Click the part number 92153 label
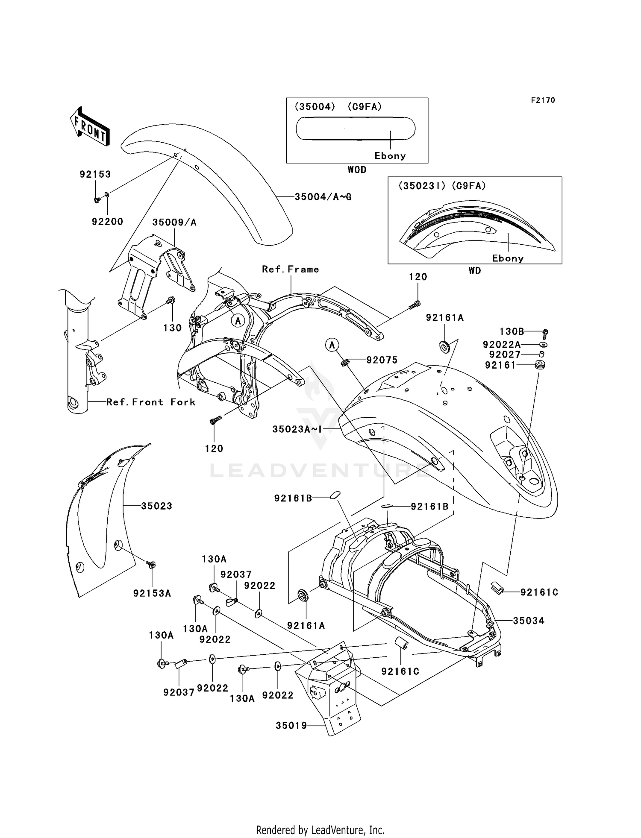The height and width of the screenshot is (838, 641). point(95,174)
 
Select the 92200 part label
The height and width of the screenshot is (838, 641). point(107,222)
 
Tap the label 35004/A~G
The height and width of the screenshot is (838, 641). point(323,197)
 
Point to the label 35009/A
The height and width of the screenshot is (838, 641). point(174,223)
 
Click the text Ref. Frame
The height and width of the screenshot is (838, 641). point(291,270)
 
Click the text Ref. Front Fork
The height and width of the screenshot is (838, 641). point(151,402)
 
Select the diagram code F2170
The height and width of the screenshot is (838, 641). point(543,100)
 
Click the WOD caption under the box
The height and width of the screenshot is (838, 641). point(357,170)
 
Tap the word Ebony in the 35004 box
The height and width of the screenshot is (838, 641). point(390,156)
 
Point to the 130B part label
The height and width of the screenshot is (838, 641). point(512,331)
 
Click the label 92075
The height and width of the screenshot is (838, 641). point(382,360)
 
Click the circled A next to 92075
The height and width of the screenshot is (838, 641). point(332,344)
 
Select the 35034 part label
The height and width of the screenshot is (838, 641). point(529,621)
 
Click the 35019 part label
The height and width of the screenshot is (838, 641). point(291,726)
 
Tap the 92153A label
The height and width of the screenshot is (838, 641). point(152,593)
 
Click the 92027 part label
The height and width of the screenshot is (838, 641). point(505,355)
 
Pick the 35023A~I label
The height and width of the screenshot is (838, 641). point(297,429)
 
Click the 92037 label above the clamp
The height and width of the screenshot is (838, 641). point(236,575)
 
